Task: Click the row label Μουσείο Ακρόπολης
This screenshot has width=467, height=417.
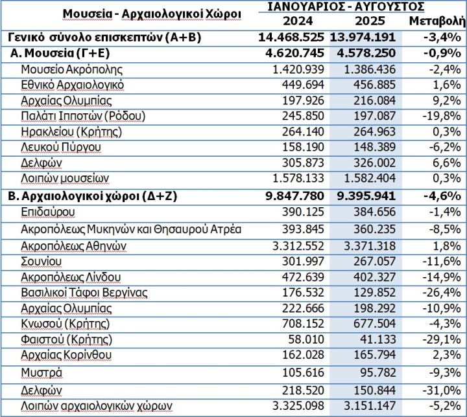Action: pos(71,69)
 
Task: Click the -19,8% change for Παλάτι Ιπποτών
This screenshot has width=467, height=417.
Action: pos(442,116)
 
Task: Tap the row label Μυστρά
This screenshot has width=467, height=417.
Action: pos(42,372)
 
